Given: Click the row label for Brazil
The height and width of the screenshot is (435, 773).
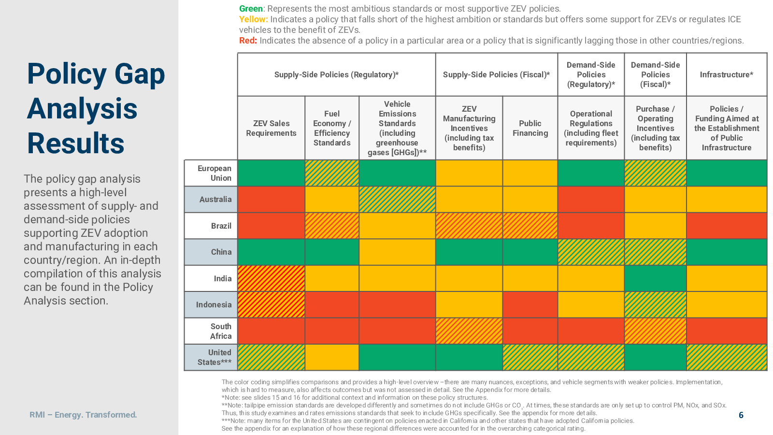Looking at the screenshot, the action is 221,226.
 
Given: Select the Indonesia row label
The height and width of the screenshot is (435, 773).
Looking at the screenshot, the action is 214,304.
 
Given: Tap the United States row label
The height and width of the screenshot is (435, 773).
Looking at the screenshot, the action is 215,357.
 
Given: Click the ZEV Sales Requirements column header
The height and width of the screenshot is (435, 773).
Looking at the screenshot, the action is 271,128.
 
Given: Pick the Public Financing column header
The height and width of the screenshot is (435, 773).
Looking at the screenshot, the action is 530,128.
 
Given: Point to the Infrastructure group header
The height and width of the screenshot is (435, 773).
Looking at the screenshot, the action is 727,74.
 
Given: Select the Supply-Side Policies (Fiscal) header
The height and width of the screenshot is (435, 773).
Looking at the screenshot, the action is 496,74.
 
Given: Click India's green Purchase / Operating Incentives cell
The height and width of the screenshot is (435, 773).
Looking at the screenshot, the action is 655,278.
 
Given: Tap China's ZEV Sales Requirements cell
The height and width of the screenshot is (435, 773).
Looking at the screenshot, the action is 271,252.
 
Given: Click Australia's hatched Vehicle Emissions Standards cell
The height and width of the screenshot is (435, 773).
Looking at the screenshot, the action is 397,199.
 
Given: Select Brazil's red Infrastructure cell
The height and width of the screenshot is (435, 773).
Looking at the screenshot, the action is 727,226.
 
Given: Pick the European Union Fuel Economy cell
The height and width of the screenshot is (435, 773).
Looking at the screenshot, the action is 332,173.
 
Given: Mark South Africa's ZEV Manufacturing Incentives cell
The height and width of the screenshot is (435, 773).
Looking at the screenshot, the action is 469,331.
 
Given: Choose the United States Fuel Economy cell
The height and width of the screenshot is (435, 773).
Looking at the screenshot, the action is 332,357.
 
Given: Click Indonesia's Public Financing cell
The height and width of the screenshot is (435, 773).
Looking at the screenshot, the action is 530,304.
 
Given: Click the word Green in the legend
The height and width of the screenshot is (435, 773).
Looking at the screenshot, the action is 251,9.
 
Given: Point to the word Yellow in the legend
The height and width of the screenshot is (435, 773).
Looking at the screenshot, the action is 253,19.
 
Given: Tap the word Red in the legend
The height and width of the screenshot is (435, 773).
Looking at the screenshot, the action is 248,41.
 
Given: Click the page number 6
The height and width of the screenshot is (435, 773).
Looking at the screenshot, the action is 741,415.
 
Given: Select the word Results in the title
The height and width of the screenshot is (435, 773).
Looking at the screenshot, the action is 75,143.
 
